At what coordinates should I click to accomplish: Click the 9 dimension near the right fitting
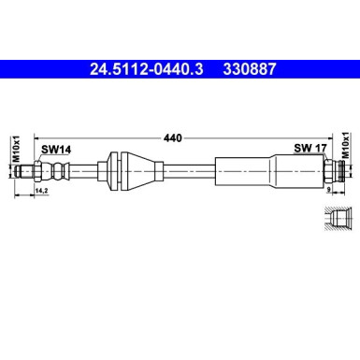click(x=330, y=189)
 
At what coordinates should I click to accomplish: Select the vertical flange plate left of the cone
click(x=112, y=171)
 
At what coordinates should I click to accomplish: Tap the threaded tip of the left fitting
click(x=38, y=171)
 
